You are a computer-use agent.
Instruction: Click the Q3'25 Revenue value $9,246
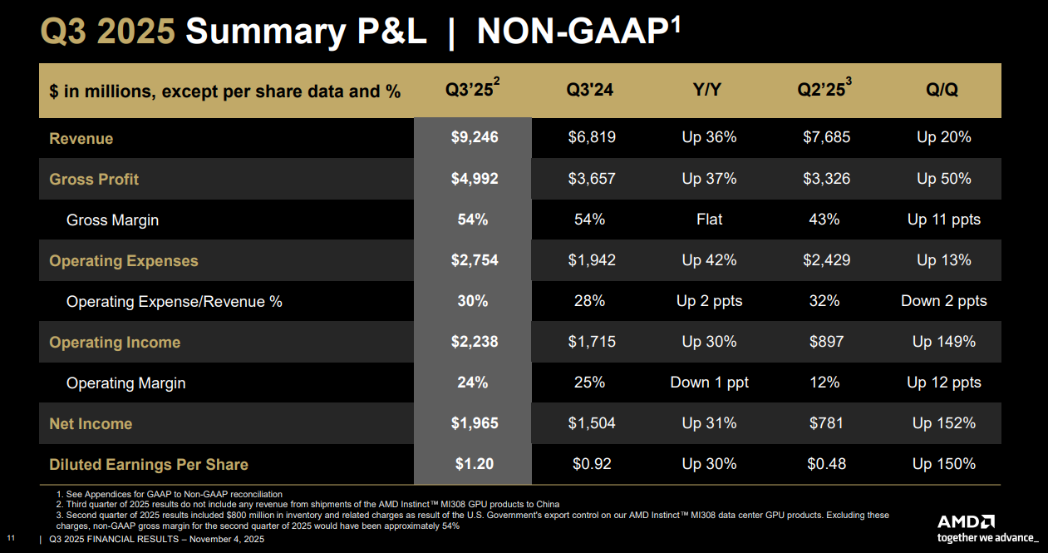tap(473, 137)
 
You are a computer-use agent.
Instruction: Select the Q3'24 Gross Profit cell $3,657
tap(592, 179)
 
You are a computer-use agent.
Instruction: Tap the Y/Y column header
tap(707, 90)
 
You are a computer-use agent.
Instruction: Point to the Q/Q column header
tap(942, 90)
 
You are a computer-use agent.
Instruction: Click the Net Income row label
tap(91, 423)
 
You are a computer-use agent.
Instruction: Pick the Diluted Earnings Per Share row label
tap(149, 464)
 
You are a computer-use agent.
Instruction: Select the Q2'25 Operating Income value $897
tap(826, 342)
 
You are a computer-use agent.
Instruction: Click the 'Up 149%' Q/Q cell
tap(944, 342)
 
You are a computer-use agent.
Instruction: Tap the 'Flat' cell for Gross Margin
tap(709, 220)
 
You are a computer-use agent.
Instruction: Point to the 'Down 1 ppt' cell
tap(709, 383)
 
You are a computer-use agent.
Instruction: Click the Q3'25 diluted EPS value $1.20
tap(474, 464)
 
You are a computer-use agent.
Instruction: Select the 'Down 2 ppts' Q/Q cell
tap(944, 301)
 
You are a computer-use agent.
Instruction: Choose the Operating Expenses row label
tap(124, 260)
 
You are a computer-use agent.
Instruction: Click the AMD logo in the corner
tap(966, 522)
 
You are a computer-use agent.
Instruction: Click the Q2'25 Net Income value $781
tap(826, 423)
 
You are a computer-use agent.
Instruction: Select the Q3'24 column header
tap(590, 90)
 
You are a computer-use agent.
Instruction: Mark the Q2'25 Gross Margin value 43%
tap(824, 220)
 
